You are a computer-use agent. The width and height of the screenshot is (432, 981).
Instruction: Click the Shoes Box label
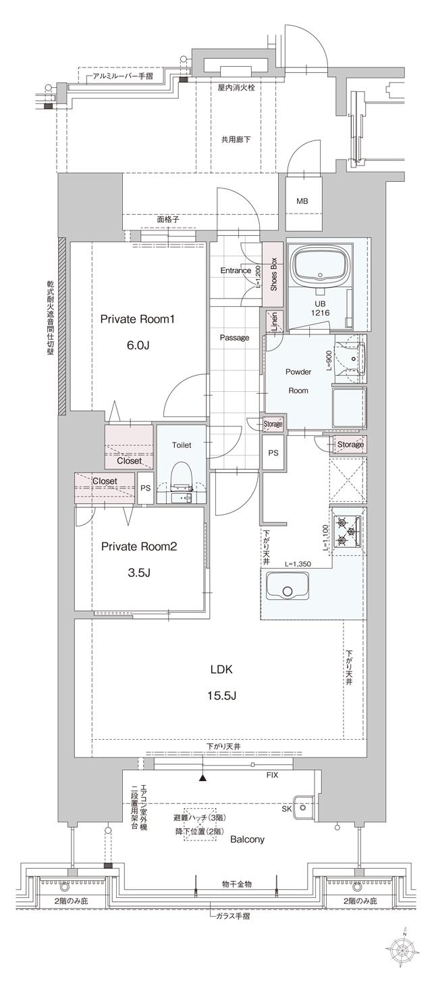tap(273, 274)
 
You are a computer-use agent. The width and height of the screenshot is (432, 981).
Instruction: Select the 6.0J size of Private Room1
tap(138, 345)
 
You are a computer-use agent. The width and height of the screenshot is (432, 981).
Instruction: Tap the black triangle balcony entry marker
tap(202, 778)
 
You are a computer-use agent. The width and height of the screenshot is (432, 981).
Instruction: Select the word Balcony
tap(246, 839)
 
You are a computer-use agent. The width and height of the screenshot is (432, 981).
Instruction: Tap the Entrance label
tap(236, 271)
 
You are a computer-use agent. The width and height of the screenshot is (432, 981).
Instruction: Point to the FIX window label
tap(272, 776)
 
